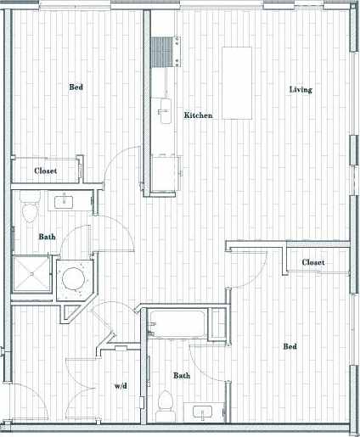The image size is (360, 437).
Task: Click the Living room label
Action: pos(300,90)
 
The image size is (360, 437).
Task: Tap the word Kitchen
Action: pos(198,115)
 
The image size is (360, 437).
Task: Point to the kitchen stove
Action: pos(163,53)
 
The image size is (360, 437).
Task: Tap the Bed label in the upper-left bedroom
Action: pos(76,87)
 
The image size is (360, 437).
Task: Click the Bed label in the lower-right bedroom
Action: pos(290,346)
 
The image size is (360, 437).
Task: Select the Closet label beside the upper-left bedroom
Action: pos(46,171)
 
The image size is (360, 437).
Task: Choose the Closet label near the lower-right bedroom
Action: pos(313,263)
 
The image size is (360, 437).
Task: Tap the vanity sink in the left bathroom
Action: pos(65,202)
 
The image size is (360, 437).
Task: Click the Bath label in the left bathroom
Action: pos(48,237)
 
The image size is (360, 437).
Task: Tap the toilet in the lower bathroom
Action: pos(166,402)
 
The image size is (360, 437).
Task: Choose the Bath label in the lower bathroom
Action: pos(182,375)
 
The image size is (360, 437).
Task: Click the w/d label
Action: pos(121,386)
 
